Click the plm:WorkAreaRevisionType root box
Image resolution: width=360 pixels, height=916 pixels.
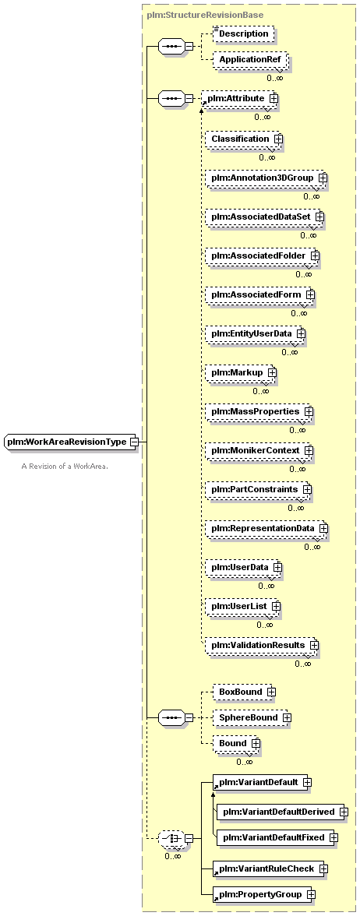click(70, 442)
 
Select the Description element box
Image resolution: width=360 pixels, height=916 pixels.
click(243, 34)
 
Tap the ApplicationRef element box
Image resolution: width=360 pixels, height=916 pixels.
click(249, 60)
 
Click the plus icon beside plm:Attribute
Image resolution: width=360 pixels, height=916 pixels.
click(274, 99)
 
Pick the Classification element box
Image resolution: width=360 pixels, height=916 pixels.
click(245, 139)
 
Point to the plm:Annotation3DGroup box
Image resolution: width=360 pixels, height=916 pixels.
click(266, 178)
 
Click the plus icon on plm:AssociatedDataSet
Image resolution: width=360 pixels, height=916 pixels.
click(319, 217)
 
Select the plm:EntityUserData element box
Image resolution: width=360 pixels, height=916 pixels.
click(256, 333)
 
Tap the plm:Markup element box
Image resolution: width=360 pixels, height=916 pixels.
click(241, 372)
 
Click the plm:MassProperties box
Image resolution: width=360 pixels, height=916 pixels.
click(259, 412)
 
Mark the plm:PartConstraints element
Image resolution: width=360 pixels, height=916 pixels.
click(259, 489)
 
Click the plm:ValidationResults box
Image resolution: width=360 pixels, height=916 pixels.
click(263, 646)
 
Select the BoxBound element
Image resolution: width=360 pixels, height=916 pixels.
click(245, 692)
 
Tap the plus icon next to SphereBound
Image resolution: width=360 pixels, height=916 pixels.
click(287, 717)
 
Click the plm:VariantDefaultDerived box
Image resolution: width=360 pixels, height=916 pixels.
click(283, 812)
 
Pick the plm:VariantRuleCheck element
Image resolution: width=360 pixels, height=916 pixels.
click(270, 868)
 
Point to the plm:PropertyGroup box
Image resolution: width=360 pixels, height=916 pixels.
click(264, 894)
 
